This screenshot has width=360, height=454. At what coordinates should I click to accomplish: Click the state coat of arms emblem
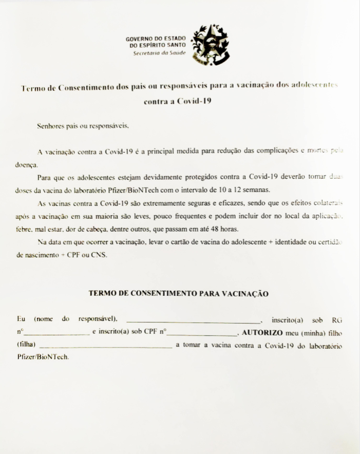[x=210, y=44]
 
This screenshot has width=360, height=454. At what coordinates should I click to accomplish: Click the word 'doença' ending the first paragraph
[x=26, y=165]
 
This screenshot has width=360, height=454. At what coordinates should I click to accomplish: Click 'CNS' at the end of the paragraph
[x=99, y=255]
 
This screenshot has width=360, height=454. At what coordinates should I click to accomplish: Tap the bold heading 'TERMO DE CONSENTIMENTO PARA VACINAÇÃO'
[x=179, y=294]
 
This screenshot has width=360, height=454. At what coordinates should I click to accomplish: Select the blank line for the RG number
[x=56, y=333]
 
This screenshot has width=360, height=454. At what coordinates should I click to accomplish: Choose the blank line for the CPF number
[x=202, y=333]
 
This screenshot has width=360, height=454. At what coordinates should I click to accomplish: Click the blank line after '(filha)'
[x=106, y=346]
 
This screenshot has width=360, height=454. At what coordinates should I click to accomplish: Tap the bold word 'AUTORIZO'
[x=262, y=332]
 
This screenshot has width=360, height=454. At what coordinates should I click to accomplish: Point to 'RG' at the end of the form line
[x=337, y=319]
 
